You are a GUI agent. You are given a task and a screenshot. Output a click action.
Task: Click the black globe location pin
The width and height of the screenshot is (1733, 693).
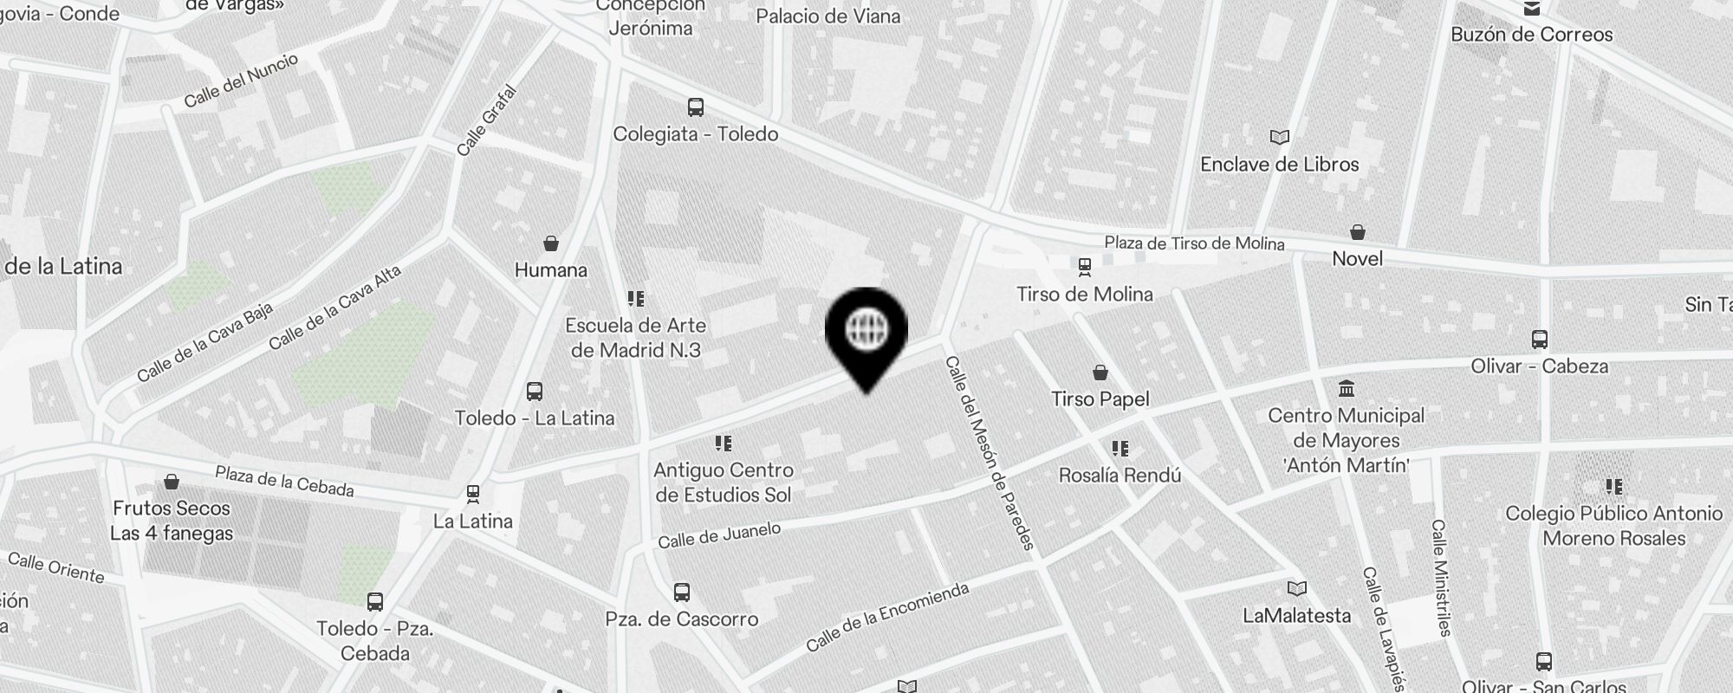click(x=866, y=334)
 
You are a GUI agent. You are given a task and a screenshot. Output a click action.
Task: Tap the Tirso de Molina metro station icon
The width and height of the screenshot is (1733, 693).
click(x=1084, y=266)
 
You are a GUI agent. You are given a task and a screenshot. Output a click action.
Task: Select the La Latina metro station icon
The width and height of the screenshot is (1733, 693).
click(x=472, y=495)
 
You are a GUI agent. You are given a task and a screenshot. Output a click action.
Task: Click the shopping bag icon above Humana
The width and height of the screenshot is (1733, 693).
click(x=550, y=243)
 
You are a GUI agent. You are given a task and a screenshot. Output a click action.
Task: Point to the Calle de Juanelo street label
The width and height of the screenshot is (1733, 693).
click(x=719, y=535)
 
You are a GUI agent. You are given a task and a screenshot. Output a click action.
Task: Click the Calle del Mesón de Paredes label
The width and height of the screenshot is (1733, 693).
click(x=990, y=452)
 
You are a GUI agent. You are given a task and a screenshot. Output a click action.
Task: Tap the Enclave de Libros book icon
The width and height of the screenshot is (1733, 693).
click(x=1279, y=137)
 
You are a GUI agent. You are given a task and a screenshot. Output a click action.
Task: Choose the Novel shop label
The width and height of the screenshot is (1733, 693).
click(x=1357, y=258)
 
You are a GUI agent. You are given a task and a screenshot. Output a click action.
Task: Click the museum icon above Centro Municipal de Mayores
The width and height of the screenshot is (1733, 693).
click(x=1346, y=387)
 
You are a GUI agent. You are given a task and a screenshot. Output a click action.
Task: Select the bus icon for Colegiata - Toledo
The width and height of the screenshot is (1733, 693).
click(x=695, y=107)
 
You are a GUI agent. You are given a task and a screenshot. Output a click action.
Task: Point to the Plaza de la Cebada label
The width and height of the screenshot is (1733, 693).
click(x=284, y=482)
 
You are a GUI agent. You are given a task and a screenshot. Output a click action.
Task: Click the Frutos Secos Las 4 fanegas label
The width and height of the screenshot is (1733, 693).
click(x=172, y=521)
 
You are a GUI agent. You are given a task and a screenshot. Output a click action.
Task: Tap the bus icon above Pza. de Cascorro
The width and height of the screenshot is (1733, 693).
click(x=682, y=593)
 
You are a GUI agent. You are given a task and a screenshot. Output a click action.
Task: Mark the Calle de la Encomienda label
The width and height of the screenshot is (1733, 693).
click(x=887, y=617)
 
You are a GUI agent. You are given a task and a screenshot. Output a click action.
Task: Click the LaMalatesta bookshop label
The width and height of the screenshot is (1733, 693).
click(x=1296, y=616)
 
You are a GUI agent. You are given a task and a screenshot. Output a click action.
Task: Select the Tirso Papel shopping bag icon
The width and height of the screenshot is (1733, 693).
click(x=1100, y=372)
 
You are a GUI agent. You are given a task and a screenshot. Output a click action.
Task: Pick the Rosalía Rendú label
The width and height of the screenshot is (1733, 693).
click(x=1120, y=475)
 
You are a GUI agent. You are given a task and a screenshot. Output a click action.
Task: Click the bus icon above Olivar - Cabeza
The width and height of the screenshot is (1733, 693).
click(x=1539, y=339)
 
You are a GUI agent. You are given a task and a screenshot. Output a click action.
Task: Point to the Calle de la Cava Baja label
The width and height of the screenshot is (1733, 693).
click(x=204, y=342)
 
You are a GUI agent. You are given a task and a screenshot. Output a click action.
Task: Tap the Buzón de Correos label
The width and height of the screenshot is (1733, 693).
click(x=1531, y=35)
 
